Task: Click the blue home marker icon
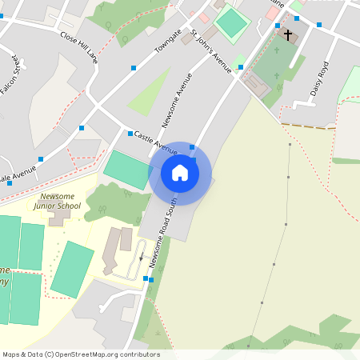[x=180, y=172]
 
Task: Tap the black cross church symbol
[x=288, y=35]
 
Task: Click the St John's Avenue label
[x=210, y=51]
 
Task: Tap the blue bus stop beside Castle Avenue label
[x=130, y=133]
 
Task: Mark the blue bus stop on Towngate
[x=132, y=67]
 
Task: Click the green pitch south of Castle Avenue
[x=127, y=169]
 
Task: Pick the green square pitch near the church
[x=231, y=23]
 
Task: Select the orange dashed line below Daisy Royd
[x=308, y=126]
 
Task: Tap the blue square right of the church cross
[x=319, y=25]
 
